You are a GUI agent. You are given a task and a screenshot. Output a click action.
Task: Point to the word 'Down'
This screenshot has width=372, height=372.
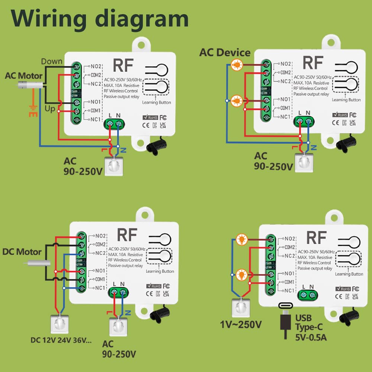(51, 61)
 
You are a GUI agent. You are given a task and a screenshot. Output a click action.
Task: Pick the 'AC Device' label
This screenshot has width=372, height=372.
(225, 52)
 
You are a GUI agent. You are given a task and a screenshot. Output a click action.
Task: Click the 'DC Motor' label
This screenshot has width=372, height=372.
(22, 252)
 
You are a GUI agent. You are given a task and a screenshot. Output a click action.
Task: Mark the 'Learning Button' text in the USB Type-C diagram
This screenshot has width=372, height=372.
(349, 274)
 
